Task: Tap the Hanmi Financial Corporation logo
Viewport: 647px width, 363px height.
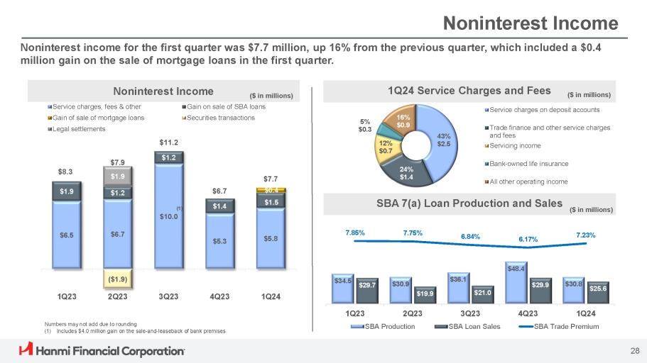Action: (x=102, y=350)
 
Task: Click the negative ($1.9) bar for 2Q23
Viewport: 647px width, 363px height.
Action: (x=118, y=279)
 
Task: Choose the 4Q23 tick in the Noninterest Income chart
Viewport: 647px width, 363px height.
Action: (x=219, y=296)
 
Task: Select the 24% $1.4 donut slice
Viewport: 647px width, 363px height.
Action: (x=406, y=172)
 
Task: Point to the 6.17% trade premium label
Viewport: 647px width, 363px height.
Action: (x=527, y=239)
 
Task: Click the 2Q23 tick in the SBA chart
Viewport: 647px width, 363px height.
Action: (x=413, y=313)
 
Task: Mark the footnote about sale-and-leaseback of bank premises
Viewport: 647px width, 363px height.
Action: (x=132, y=330)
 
